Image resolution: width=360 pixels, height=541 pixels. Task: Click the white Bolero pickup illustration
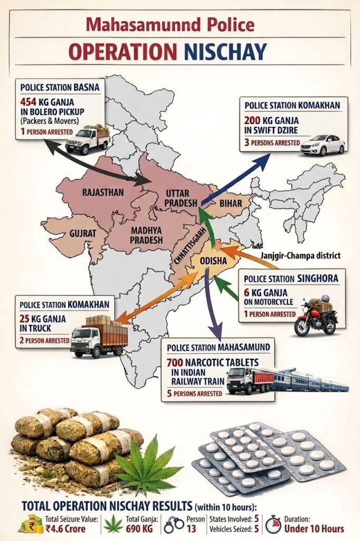[88, 138]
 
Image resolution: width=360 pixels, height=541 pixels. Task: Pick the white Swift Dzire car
[322, 144]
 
